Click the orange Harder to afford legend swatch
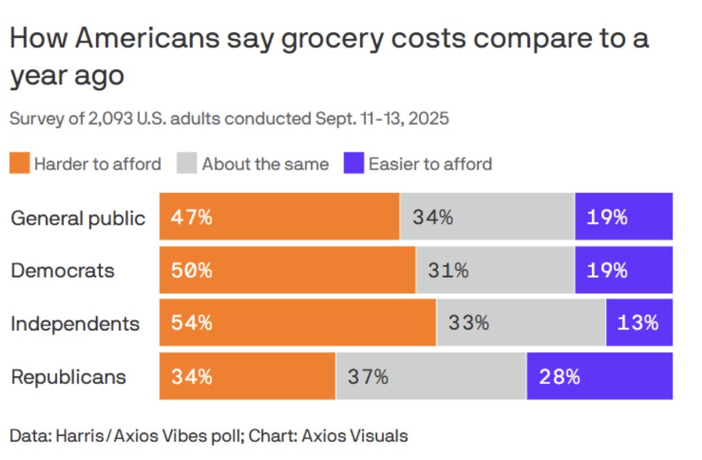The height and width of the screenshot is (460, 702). pos(19,164)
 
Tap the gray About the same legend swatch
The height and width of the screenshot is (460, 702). pos(187,164)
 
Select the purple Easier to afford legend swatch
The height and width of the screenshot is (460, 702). pos(353,164)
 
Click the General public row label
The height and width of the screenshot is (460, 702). pos(78,218)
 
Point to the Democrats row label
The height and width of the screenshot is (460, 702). pos(63,270)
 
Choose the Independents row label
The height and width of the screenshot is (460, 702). pos(75,323)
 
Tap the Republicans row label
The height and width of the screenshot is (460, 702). pos(69,376)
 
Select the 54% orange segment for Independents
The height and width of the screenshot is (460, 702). pos(297,323)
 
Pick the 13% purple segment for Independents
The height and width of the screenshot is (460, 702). pos(639,323)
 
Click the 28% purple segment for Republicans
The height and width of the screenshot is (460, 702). pos(599,376)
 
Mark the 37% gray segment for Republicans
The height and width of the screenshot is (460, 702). pos(431,376)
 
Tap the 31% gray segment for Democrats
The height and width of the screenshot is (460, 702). pos(495,271)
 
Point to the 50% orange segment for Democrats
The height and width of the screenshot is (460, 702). pos(287,271)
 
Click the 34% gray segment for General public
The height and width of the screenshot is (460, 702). pos(486,218)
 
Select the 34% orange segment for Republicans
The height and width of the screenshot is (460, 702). pos(247,376)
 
